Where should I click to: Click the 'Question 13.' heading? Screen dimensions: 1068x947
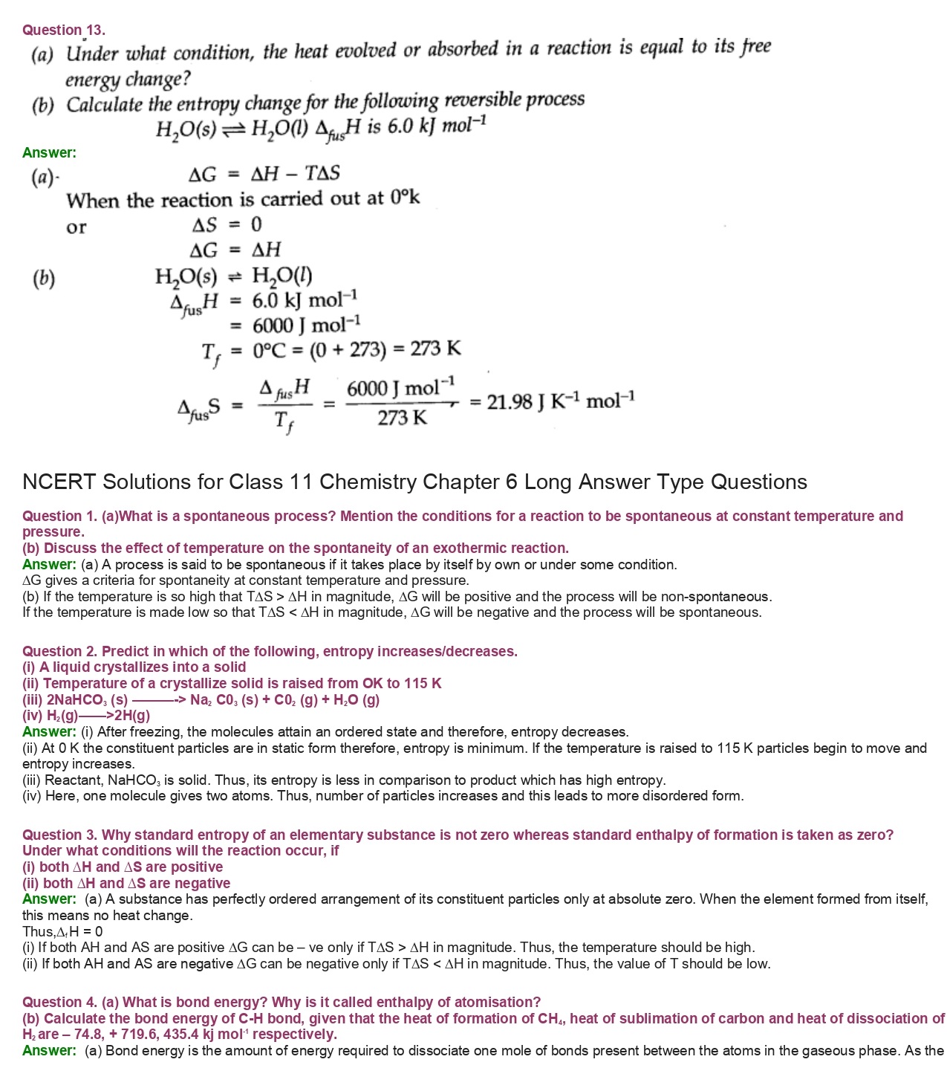pyautogui.click(x=64, y=30)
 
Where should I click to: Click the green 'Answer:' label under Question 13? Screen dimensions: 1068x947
pyautogui.click(x=49, y=153)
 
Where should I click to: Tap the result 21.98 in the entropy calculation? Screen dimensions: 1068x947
pyautogui.click(x=510, y=402)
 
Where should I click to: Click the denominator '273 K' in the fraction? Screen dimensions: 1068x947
pyautogui.click(x=402, y=418)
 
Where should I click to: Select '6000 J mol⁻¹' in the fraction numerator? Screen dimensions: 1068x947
pyautogui.click(x=400, y=388)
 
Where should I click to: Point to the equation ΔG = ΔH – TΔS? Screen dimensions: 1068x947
pyautogui.click(x=264, y=175)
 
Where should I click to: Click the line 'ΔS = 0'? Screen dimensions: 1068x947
pyautogui.click(x=227, y=224)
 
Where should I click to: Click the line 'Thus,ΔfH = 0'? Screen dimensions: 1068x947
pyautogui.click(x=62, y=932)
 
